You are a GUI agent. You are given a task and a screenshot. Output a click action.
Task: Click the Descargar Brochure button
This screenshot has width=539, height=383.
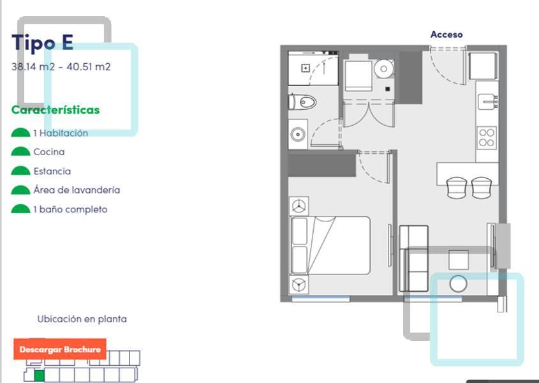[x=60, y=349]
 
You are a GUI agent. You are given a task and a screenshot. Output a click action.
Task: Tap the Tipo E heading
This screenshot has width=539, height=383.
[x=43, y=43]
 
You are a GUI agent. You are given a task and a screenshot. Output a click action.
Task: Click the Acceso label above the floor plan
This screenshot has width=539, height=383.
[x=447, y=34]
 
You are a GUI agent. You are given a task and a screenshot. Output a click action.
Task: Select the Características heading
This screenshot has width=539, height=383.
[x=55, y=110]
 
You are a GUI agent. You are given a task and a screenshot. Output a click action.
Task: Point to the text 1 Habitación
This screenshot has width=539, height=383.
[x=61, y=133]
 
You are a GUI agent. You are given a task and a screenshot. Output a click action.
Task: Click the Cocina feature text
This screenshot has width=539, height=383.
[x=49, y=152]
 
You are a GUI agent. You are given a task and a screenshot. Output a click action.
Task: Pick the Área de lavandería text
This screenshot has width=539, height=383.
[x=77, y=190]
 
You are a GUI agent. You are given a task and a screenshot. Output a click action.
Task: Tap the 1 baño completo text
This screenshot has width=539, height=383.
[x=70, y=209]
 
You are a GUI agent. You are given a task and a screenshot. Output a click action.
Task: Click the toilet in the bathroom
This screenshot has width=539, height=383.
[x=302, y=102]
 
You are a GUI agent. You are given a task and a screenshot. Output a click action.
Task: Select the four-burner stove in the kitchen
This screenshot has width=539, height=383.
[x=487, y=138]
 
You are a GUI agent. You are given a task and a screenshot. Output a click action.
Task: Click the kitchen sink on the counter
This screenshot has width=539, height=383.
[x=487, y=102]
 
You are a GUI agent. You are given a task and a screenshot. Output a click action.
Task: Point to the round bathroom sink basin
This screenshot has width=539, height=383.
[x=298, y=134]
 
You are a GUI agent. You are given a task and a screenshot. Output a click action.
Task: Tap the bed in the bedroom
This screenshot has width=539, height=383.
[x=330, y=245]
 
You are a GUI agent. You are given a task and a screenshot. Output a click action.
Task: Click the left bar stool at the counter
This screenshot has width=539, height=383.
[x=457, y=188]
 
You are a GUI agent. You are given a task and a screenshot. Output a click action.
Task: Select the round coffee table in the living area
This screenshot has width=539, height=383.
[x=458, y=284]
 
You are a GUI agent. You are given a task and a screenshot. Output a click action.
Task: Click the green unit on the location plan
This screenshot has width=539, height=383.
[x=39, y=376]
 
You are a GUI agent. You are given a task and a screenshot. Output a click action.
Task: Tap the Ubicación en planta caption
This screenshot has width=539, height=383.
[x=82, y=319]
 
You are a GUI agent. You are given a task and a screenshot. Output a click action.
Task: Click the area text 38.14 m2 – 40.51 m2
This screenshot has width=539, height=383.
[x=61, y=67]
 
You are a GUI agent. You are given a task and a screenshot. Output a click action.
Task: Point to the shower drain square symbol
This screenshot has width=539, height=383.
[x=306, y=68]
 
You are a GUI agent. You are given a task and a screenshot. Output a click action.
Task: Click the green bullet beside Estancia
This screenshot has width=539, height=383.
[x=20, y=170]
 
